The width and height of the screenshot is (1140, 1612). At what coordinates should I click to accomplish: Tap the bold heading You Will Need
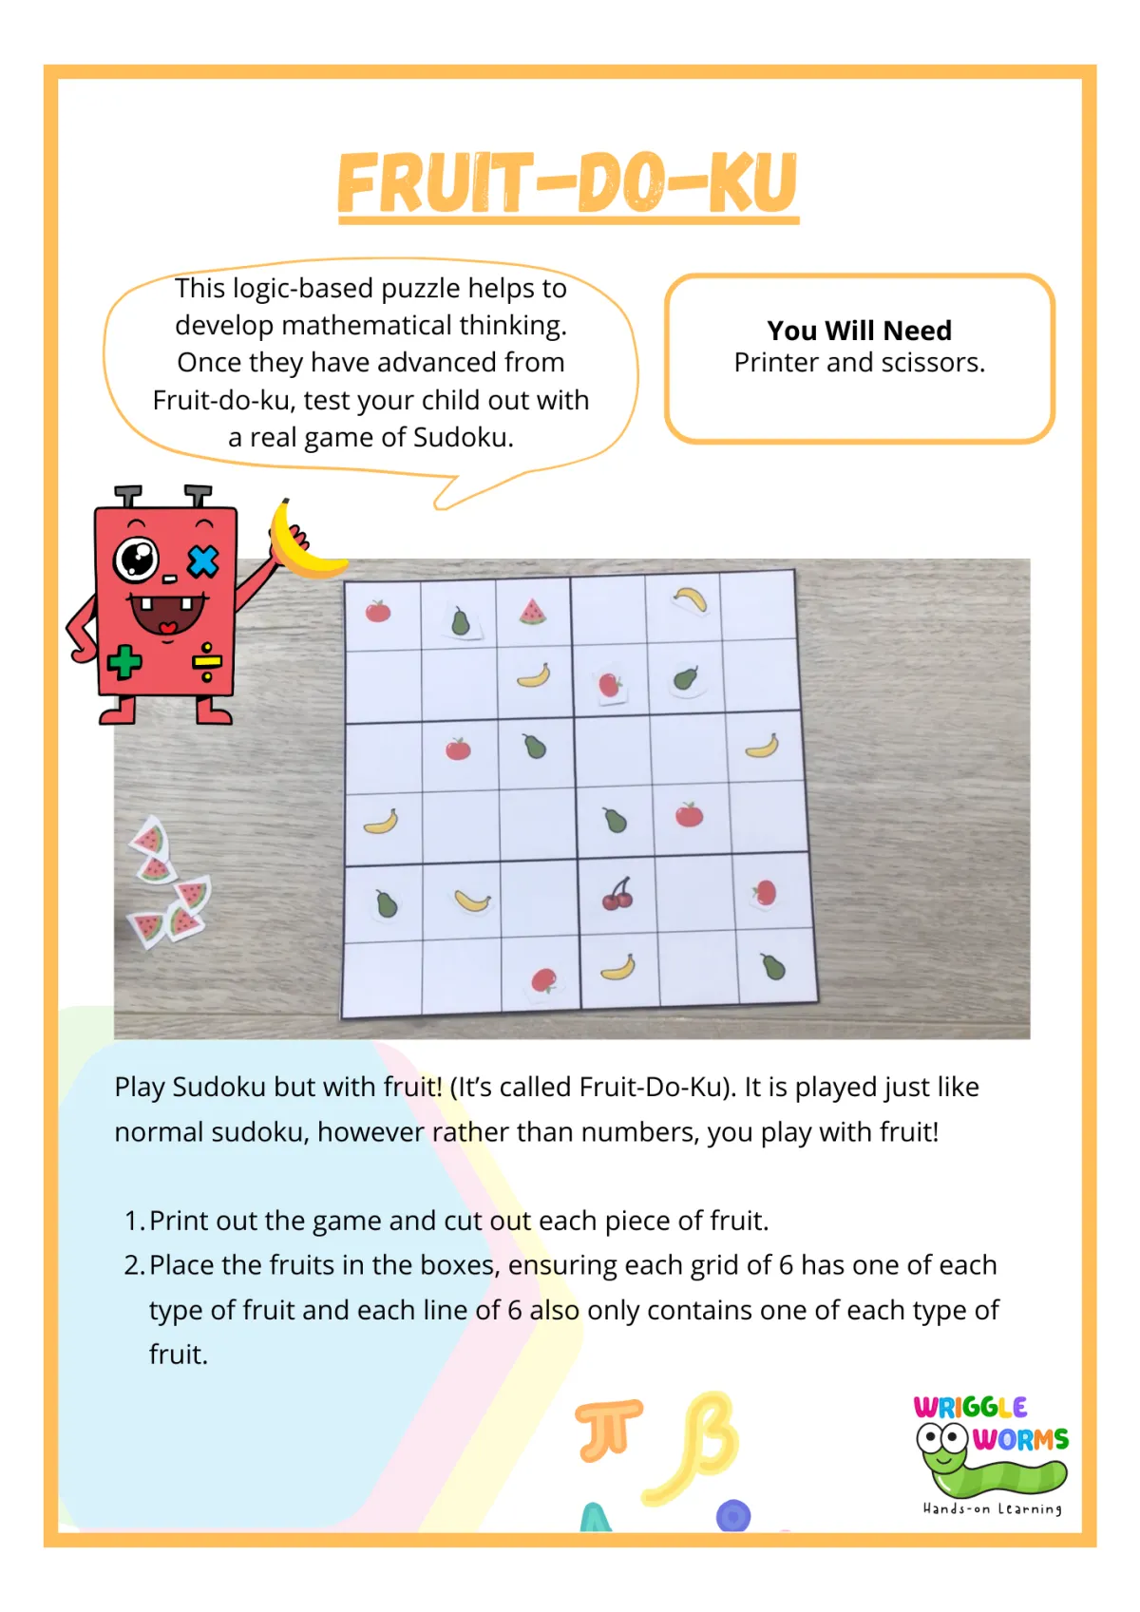tap(860, 331)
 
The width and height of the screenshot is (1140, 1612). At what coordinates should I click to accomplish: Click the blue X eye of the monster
tap(203, 561)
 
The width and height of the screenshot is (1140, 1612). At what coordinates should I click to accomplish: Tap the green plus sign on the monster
tap(124, 662)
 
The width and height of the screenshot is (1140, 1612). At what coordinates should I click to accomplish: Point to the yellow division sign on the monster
tap(207, 662)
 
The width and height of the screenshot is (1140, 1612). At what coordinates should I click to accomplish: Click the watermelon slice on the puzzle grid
tap(533, 611)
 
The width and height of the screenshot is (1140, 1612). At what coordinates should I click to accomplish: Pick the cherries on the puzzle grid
tap(617, 894)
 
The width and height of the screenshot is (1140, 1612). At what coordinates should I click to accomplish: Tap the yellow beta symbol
tap(694, 1447)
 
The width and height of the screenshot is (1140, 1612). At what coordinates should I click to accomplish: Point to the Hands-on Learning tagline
tap(993, 1509)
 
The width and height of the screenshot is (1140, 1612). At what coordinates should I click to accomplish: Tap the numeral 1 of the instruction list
tap(132, 1221)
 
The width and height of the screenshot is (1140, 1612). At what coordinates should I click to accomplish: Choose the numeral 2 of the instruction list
tap(132, 1265)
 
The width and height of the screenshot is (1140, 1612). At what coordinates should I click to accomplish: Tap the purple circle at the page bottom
tap(733, 1516)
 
